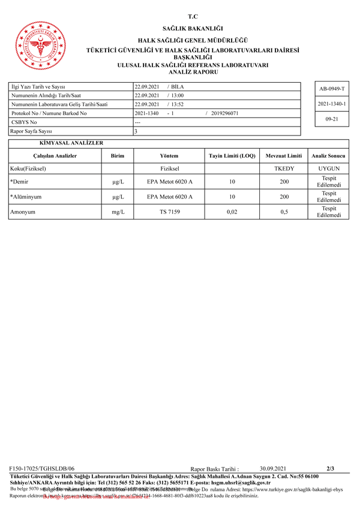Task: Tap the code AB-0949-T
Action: pyautogui.click(x=332, y=88)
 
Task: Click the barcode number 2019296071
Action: pyautogui.click(x=225, y=113)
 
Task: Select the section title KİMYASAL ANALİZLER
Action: pyautogui.click(x=71, y=143)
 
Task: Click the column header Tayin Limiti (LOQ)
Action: pyautogui.click(x=232, y=156)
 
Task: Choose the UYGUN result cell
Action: pyautogui.click(x=329, y=168)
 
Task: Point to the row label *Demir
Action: pyautogui.click(x=20, y=181)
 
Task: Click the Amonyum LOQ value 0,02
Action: pyautogui.click(x=232, y=212)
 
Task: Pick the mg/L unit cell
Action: pyautogui.click(x=118, y=212)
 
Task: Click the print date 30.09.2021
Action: pyautogui.click(x=273, y=468)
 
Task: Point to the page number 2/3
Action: pyautogui.click(x=331, y=468)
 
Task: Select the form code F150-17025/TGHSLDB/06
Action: pyautogui.click(x=43, y=468)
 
